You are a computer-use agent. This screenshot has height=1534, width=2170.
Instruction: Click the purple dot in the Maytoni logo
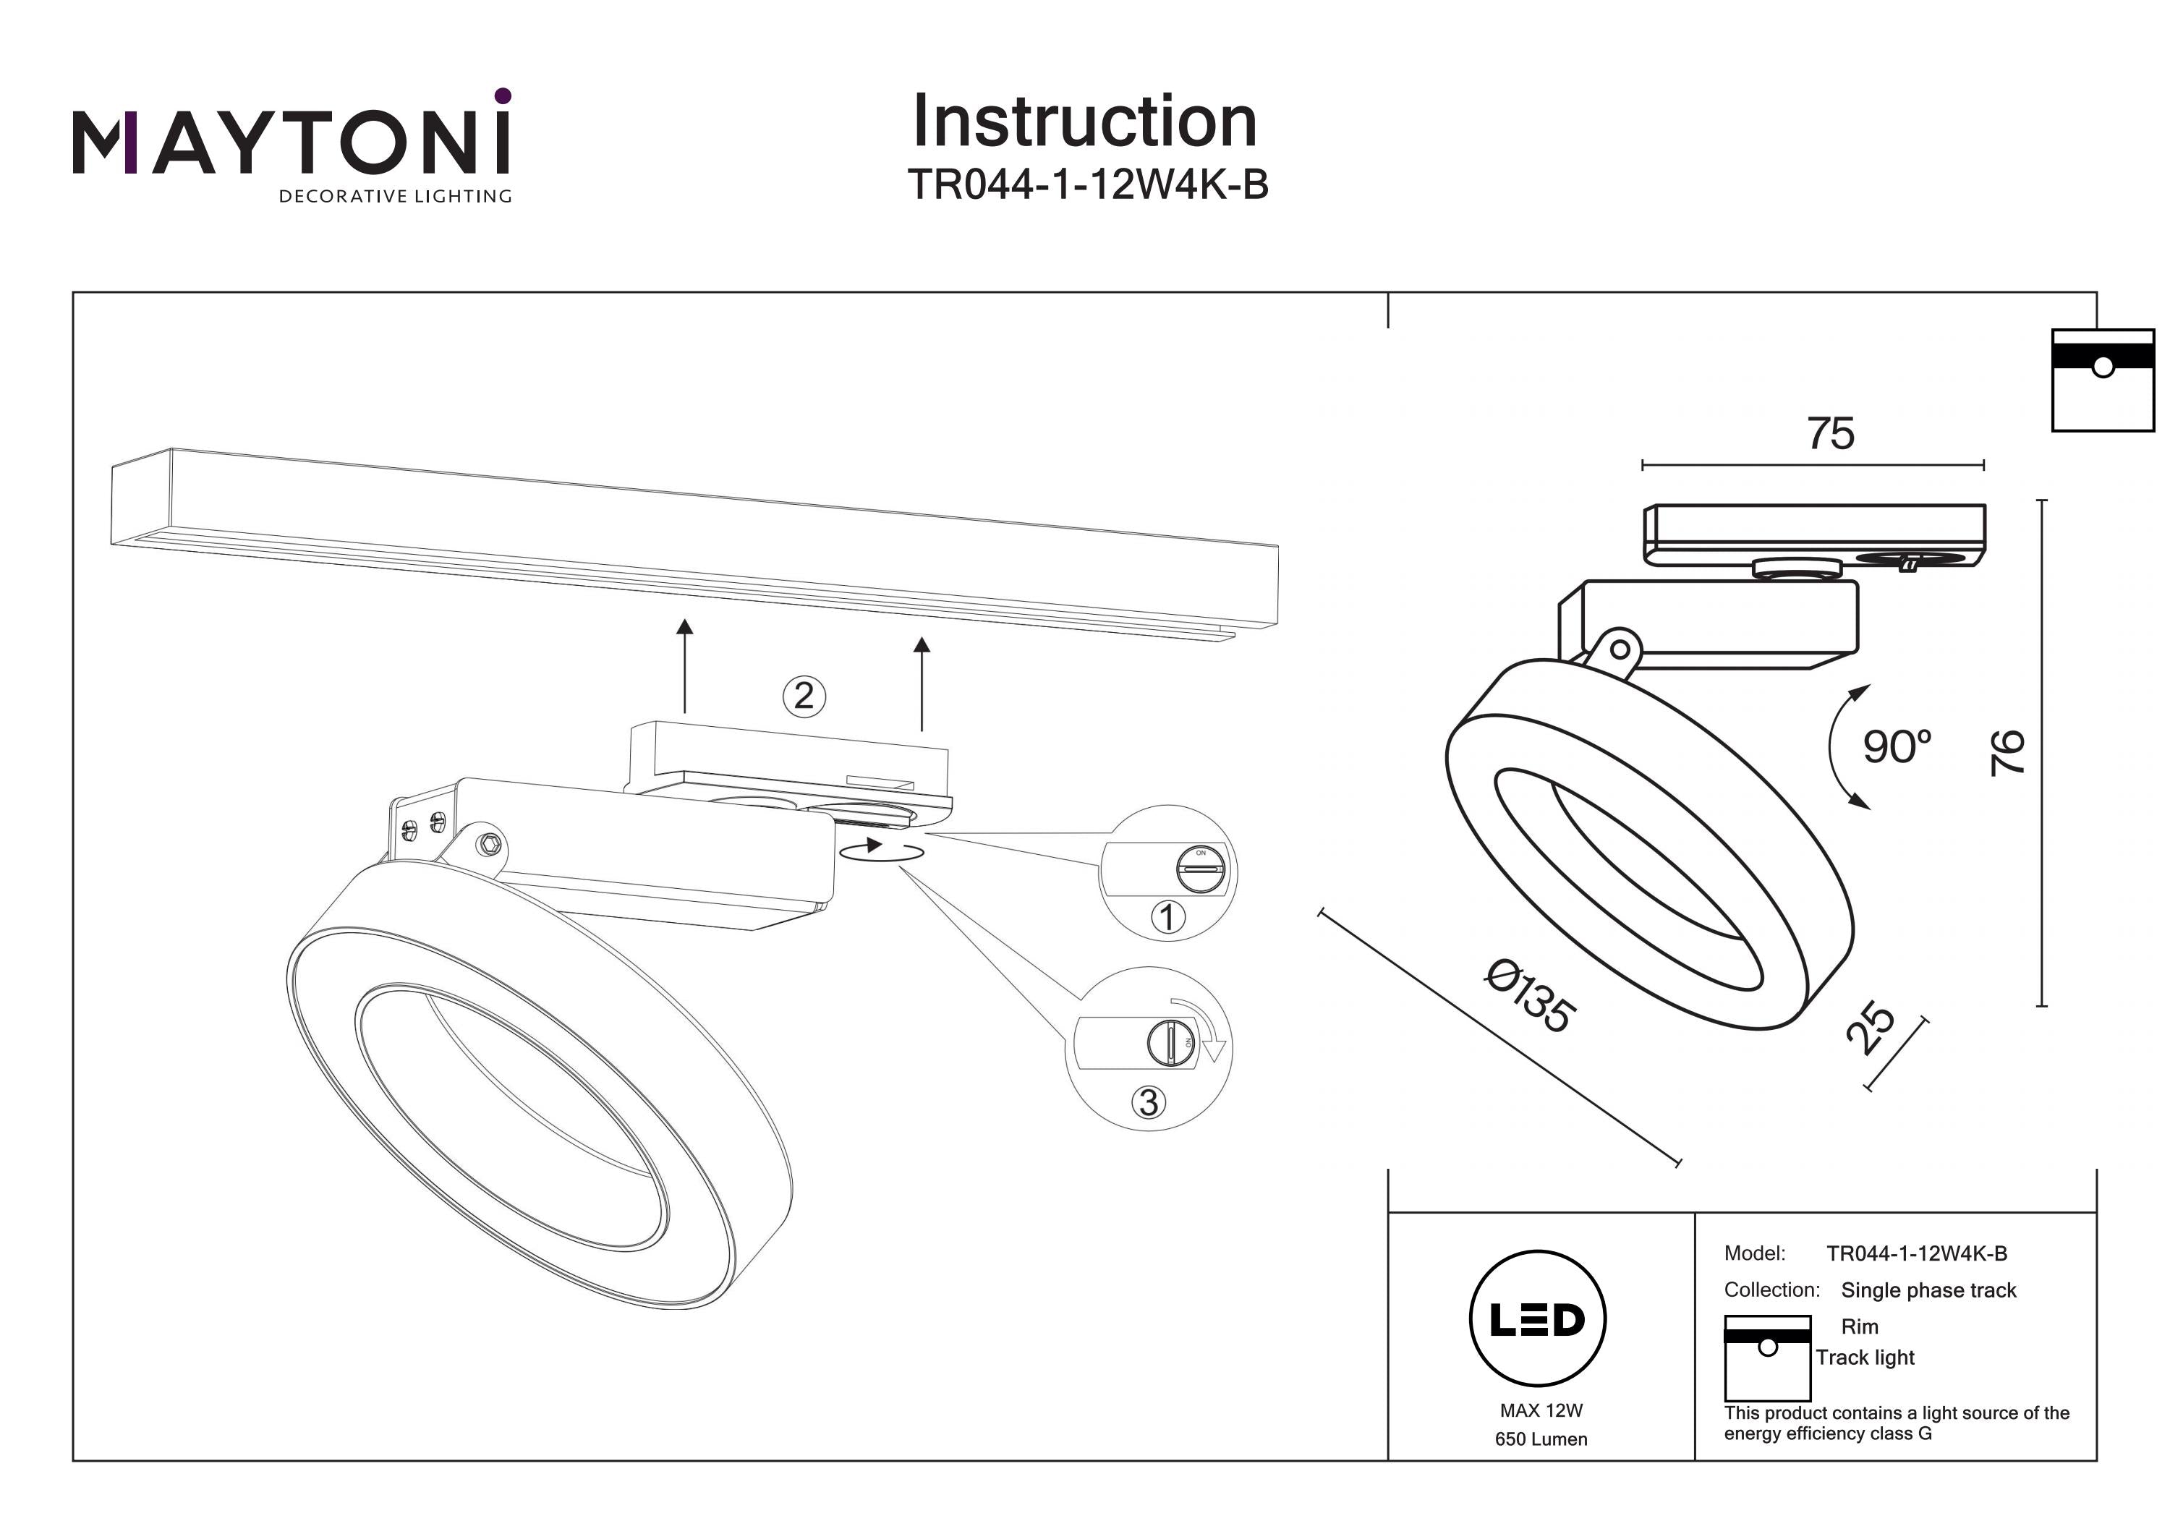tap(503, 95)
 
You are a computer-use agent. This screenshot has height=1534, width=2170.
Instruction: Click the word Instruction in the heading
tap(1084, 122)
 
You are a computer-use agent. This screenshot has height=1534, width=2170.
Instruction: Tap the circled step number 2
tap(804, 696)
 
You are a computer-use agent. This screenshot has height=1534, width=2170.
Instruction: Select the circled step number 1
tap(1168, 917)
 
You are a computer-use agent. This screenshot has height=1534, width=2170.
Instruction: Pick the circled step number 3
tap(1149, 1102)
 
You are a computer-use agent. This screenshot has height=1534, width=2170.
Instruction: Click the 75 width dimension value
tap(1830, 435)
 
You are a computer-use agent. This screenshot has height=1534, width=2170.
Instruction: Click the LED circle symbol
tap(1538, 1319)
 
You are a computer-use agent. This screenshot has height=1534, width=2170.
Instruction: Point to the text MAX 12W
tap(1541, 1410)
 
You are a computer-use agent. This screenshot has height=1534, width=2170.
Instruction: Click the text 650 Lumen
tap(1541, 1439)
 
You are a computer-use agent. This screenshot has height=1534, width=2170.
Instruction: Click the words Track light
tap(1865, 1358)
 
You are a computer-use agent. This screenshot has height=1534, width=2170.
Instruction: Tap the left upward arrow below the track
tap(685, 665)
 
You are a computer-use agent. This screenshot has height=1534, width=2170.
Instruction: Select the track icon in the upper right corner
tap(2102, 380)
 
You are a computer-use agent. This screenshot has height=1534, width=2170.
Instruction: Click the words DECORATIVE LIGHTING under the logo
tap(395, 197)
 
